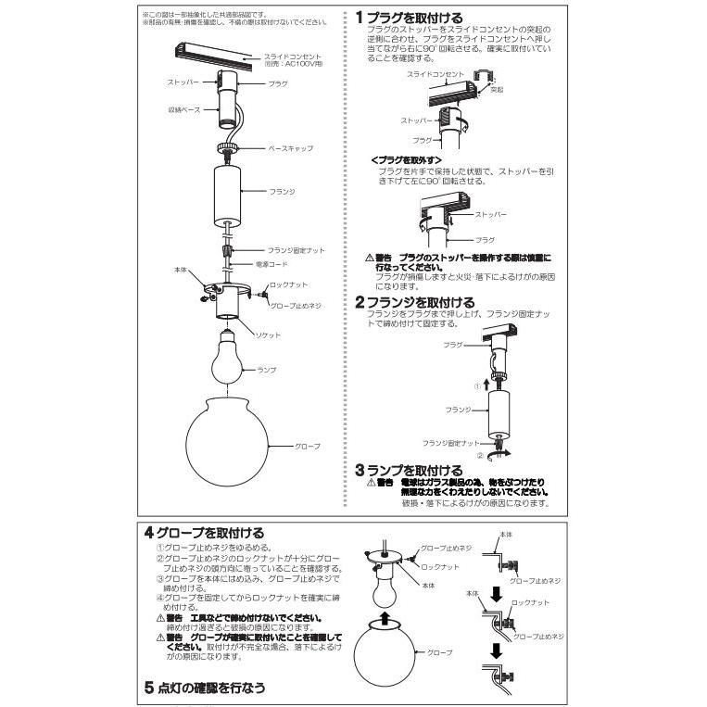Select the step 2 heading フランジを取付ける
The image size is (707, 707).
pyautogui.click(x=415, y=302)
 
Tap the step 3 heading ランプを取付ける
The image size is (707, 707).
pyautogui.click(x=409, y=471)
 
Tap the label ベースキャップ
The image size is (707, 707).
pyautogui.click(x=290, y=147)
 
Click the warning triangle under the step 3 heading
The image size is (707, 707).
pyautogui.click(x=370, y=483)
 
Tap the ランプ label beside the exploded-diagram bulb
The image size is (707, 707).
pyautogui.click(x=267, y=369)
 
